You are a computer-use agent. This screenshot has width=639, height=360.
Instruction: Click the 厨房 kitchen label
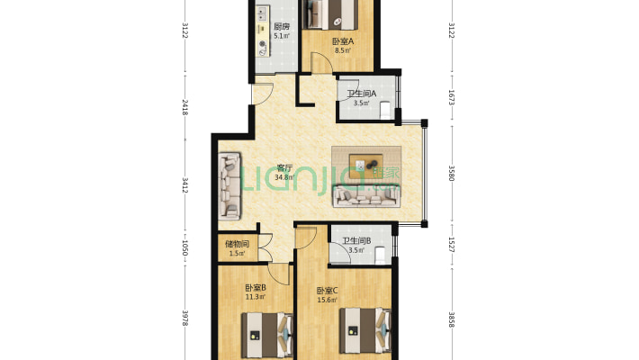[x=282, y=27]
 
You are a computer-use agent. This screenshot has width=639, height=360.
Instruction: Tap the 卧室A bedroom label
[x=343, y=41]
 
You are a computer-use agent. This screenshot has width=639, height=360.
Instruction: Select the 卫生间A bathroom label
[x=361, y=94]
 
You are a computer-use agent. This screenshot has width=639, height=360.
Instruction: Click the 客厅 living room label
[x=284, y=167]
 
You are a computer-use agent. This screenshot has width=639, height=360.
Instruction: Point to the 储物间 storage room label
[x=238, y=244]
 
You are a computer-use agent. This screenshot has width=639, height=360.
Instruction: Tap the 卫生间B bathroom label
[x=356, y=241]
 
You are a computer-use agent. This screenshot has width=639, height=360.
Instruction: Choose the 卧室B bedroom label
[x=256, y=288]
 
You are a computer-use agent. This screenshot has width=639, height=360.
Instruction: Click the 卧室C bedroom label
[x=328, y=291]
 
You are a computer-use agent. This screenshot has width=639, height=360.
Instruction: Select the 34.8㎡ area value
[x=284, y=177]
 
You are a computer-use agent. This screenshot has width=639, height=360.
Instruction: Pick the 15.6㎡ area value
[x=328, y=301]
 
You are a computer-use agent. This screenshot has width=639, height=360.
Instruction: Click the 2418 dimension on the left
[x=184, y=107]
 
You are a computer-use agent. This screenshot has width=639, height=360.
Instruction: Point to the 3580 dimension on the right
[x=451, y=174]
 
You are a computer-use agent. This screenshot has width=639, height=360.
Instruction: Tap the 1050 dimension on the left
[x=184, y=248]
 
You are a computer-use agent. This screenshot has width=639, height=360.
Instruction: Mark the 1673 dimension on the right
[x=451, y=98]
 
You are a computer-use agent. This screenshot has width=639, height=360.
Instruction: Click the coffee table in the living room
[x=366, y=165]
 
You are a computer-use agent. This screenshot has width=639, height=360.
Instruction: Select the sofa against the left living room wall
[x=229, y=185]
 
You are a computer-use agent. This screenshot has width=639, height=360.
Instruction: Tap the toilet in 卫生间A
[x=385, y=110]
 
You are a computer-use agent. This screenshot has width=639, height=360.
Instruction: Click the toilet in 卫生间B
[x=380, y=255]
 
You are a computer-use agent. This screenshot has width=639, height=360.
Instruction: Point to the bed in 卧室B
[x=267, y=335]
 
